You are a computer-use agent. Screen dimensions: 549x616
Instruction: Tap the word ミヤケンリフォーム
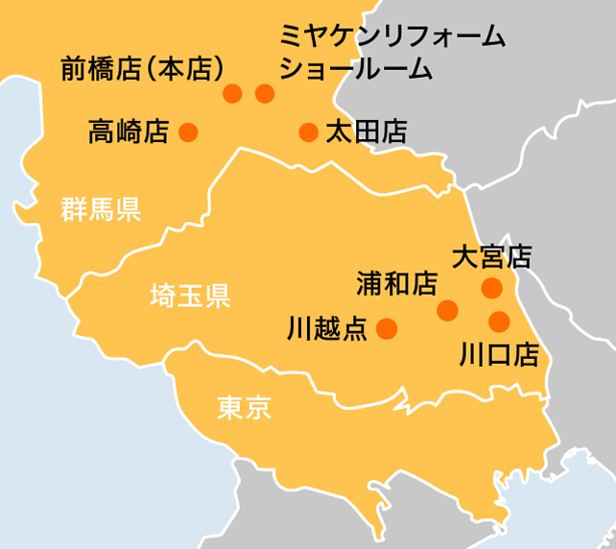tap(391, 37)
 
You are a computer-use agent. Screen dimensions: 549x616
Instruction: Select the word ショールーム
tap(354, 69)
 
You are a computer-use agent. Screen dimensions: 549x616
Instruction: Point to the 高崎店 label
tap(128, 131)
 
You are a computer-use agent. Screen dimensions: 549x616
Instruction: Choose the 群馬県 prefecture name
tap(101, 209)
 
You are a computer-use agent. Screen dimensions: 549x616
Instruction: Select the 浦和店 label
tap(395, 283)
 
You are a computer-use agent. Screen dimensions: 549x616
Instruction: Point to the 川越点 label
tap(327, 330)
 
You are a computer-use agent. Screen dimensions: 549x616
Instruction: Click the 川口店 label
tap(499, 355)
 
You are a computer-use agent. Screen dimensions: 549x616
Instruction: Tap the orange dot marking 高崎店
tap(188, 131)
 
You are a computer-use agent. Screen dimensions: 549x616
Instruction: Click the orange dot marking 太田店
tap(308, 131)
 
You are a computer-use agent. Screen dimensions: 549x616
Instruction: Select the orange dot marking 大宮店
tap(491, 287)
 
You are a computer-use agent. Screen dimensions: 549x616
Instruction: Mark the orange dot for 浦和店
tap(447, 310)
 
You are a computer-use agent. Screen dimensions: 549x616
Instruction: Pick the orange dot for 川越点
tap(387, 329)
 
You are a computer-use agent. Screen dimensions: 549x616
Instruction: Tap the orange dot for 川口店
tap(498, 321)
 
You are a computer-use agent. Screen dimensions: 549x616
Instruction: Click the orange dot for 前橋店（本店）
tap(232, 93)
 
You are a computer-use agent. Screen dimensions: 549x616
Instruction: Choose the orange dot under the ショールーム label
tap(265, 93)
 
